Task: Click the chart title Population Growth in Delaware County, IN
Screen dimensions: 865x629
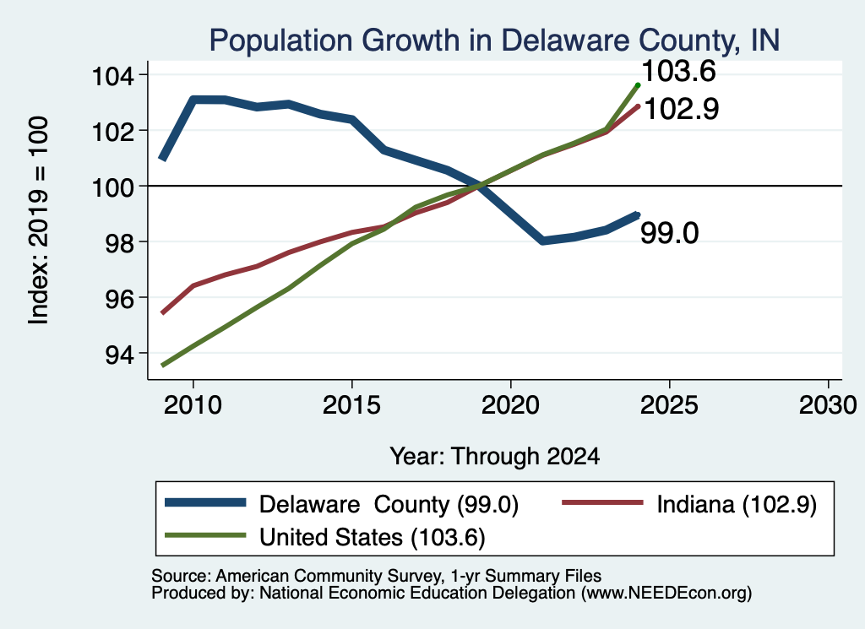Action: [x=494, y=41]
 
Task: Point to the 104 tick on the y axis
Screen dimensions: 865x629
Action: [x=112, y=75]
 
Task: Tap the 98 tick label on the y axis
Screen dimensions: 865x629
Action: [x=120, y=242]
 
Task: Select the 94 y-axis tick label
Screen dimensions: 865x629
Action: [x=120, y=354]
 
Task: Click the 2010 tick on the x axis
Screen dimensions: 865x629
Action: [x=193, y=405]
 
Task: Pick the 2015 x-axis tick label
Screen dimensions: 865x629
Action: [x=351, y=405]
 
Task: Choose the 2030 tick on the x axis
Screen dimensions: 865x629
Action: [x=828, y=405]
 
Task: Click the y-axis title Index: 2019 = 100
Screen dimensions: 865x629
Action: [x=38, y=220]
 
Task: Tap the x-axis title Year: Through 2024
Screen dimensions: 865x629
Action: [x=495, y=457]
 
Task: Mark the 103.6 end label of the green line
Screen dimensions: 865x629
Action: [x=678, y=71]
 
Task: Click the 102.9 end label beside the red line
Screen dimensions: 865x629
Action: [x=682, y=109]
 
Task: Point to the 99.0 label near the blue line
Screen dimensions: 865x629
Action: [x=670, y=233]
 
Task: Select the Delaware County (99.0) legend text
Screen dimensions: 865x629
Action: [x=389, y=504]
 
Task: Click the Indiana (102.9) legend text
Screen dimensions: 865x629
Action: [x=737, y=504]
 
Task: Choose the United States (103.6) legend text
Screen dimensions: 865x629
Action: [x=373, y=538]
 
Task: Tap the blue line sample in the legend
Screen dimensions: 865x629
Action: [x=205, y=502]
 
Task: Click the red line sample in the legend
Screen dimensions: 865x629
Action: [x=602, y=502]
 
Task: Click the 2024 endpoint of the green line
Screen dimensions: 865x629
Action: [x=639, y=85]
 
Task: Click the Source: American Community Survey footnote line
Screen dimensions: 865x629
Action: [x=376, y=576]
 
